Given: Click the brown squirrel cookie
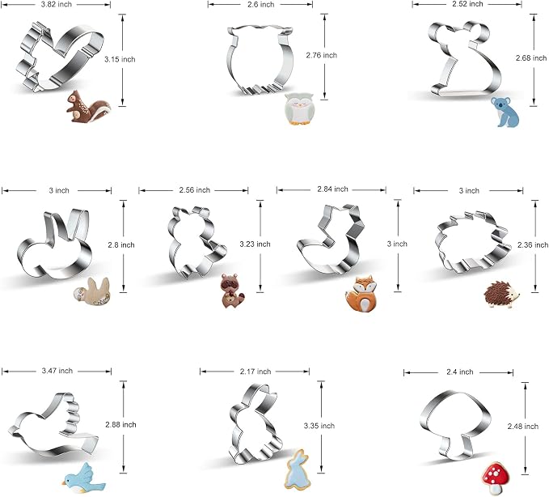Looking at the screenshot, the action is tap(89, 107).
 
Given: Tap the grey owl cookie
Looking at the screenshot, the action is tap(298, 109).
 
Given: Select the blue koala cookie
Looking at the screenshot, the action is tap(505, 113).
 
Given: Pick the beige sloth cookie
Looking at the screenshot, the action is tap(91, 291).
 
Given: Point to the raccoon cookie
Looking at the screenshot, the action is tap(232, 291).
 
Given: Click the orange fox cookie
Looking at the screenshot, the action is tap(361, 294).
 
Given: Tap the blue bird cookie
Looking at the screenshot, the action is tap(83, 478).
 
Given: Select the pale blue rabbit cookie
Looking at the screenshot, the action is tap(298, 469).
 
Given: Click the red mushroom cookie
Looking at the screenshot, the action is tap(496, 478).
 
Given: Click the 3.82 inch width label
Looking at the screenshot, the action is tap(57, 4).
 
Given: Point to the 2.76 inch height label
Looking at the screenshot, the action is tap(322, 55).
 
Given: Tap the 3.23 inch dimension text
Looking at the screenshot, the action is tap(255, 244).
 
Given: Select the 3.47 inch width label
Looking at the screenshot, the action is tap(57, 371).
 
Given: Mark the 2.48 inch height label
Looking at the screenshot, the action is tap(523, 427).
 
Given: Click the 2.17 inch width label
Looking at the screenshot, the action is tap(255, 372).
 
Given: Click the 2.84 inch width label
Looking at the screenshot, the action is tap(332, 189).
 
